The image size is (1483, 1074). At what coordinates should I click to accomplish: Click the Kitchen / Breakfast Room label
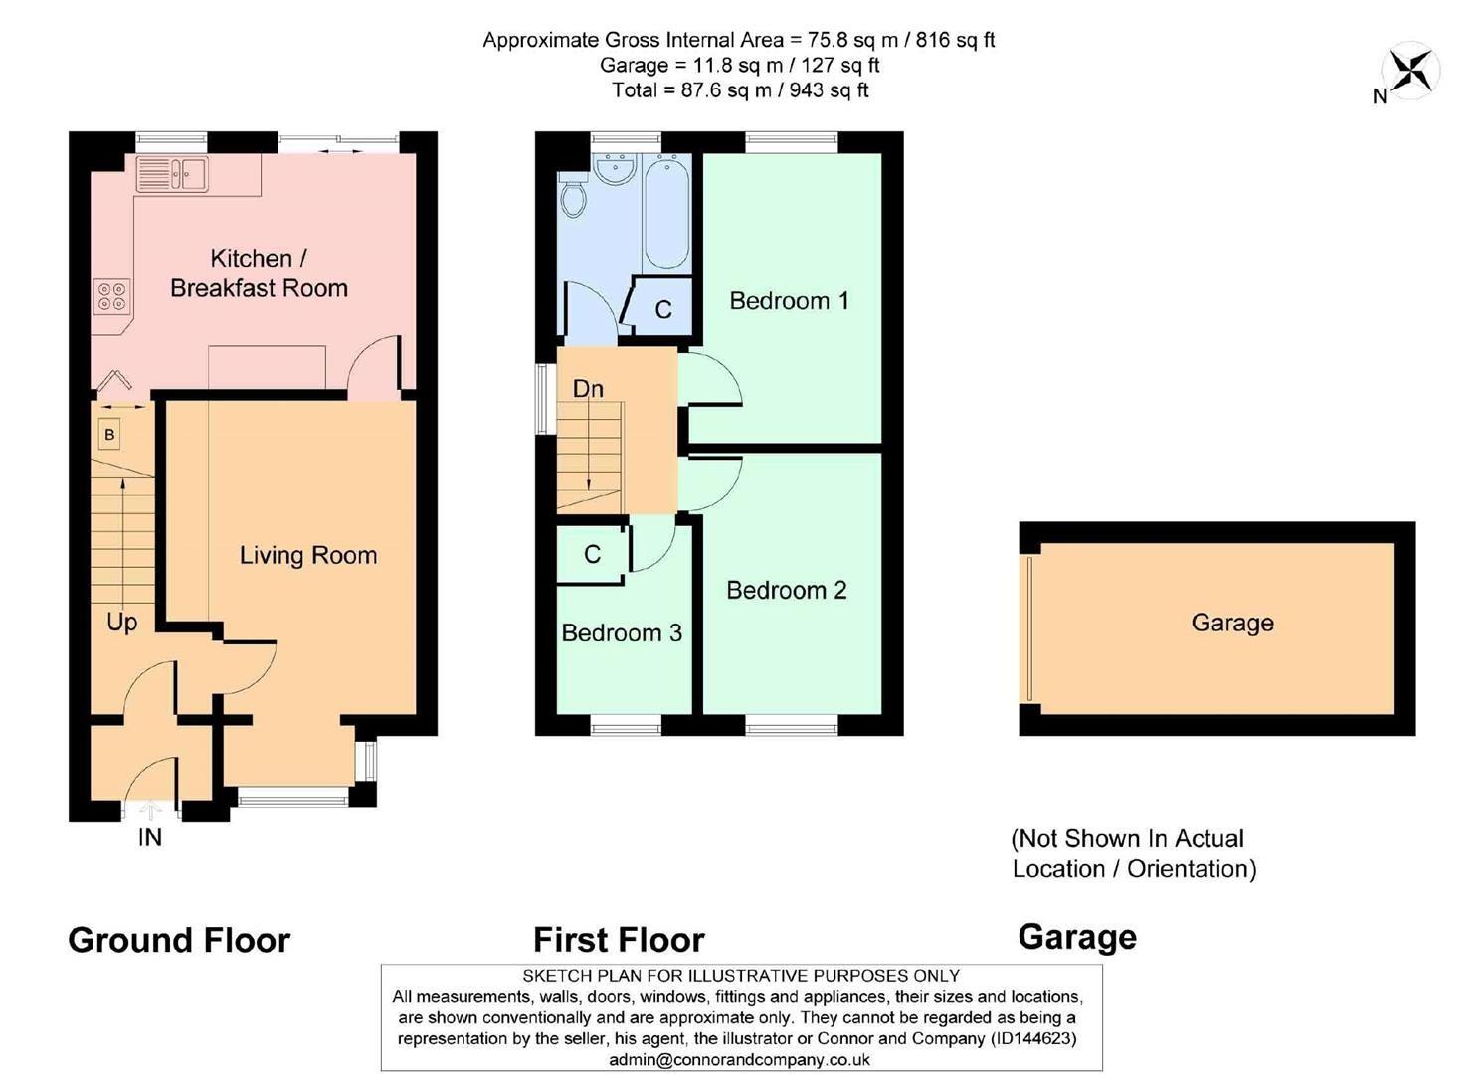259,273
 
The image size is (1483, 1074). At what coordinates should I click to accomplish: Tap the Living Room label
308,555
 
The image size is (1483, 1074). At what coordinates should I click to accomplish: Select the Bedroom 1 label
789,300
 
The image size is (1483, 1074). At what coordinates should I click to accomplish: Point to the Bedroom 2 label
786,590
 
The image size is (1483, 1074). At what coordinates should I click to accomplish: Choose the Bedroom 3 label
622,632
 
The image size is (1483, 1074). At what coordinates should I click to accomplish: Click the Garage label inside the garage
1232,623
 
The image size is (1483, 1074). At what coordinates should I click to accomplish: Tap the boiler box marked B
109,435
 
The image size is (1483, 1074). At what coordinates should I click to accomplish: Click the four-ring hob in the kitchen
111,296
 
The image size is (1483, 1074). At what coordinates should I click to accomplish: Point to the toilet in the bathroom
573,195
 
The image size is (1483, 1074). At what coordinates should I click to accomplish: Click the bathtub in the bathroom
666,211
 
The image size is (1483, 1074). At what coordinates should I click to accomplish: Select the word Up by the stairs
121,623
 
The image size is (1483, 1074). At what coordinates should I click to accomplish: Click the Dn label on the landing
588,388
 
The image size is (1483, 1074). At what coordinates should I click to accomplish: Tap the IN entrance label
149,837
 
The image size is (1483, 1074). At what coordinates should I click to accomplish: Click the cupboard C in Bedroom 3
592,554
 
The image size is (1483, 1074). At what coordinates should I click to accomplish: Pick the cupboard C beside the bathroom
663,309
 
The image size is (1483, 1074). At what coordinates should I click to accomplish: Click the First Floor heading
619,939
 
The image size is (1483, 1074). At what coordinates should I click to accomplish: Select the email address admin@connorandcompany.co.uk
740,1060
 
